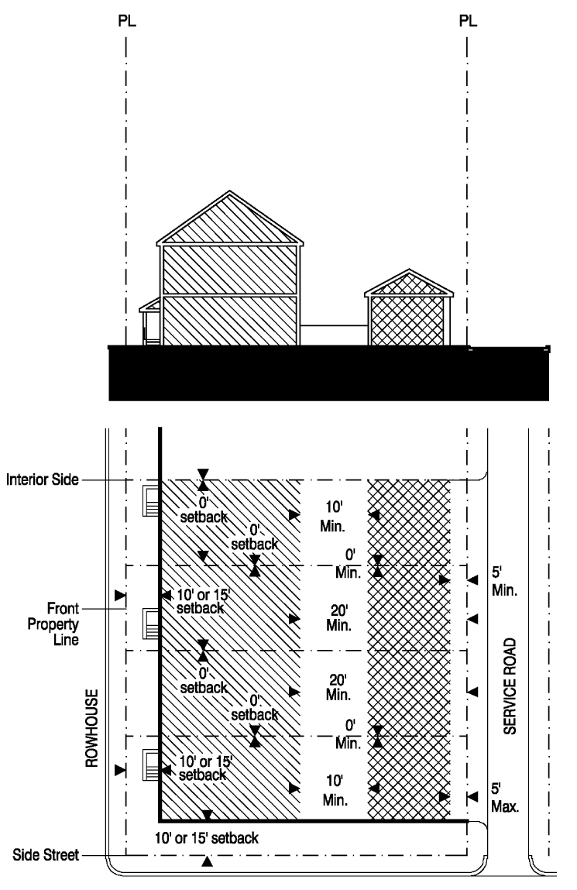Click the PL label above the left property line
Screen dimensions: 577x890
125,21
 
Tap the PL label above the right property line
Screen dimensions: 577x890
468,21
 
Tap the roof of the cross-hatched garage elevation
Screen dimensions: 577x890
409,284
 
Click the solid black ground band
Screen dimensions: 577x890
329,373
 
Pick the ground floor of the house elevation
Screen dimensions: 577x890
229,321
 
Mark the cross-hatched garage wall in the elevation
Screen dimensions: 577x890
409,321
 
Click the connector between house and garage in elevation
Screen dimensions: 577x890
333,335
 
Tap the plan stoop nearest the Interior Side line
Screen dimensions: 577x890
152,501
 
